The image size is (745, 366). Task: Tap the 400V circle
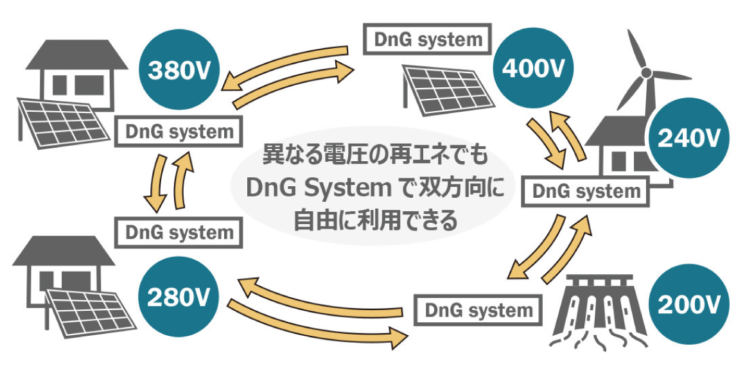532,69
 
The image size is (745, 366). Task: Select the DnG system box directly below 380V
180,132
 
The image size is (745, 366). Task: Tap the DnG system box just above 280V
179,232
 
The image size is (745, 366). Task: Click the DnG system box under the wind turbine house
586,191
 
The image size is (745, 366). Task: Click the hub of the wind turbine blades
646,74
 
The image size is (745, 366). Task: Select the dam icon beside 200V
597,308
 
